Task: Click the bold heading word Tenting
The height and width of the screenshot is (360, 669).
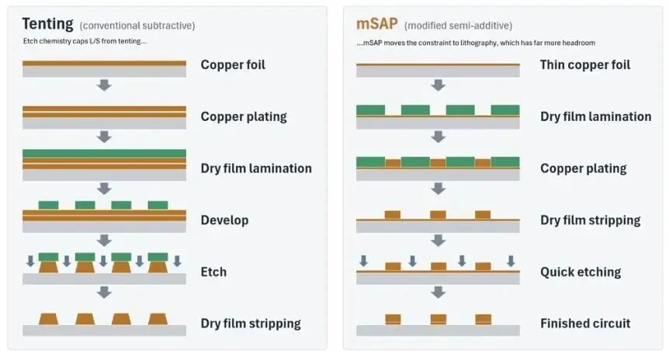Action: pos(47,24)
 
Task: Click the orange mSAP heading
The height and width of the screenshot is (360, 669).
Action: pos(376,24)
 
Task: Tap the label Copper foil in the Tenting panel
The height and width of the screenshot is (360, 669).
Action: pos(233,65)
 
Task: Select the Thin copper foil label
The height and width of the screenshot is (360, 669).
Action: pos(585,65)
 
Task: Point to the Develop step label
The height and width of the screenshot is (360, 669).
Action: pos(224,220)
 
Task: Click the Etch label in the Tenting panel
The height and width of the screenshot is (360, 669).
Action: pos(213,272)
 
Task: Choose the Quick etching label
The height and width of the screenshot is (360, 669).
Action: pos(581,272)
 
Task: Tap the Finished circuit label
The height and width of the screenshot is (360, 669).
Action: pos(585,324)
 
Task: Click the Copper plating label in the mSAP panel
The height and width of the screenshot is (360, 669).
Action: pos(584,168)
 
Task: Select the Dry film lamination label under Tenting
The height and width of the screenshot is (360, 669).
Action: pos(256,168)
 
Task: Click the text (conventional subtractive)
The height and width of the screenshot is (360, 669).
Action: pos(137,26)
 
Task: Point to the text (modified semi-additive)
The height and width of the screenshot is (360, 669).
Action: pos(458,26)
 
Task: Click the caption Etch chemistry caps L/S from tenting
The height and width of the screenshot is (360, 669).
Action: pos(85,41)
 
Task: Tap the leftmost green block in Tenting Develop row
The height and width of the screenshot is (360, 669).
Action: pos(48,205)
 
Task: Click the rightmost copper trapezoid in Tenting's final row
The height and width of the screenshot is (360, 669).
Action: pos(158,319)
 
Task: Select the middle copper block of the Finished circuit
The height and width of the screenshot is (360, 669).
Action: pos(438,320)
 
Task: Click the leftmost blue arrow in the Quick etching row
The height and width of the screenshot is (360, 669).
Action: pos(363,261)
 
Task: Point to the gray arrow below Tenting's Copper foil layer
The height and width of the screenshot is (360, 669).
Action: pos(104,85)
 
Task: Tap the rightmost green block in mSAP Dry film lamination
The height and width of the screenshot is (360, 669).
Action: pos(505,110)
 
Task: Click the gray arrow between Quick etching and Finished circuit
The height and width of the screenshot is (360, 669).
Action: pos(438,292)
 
